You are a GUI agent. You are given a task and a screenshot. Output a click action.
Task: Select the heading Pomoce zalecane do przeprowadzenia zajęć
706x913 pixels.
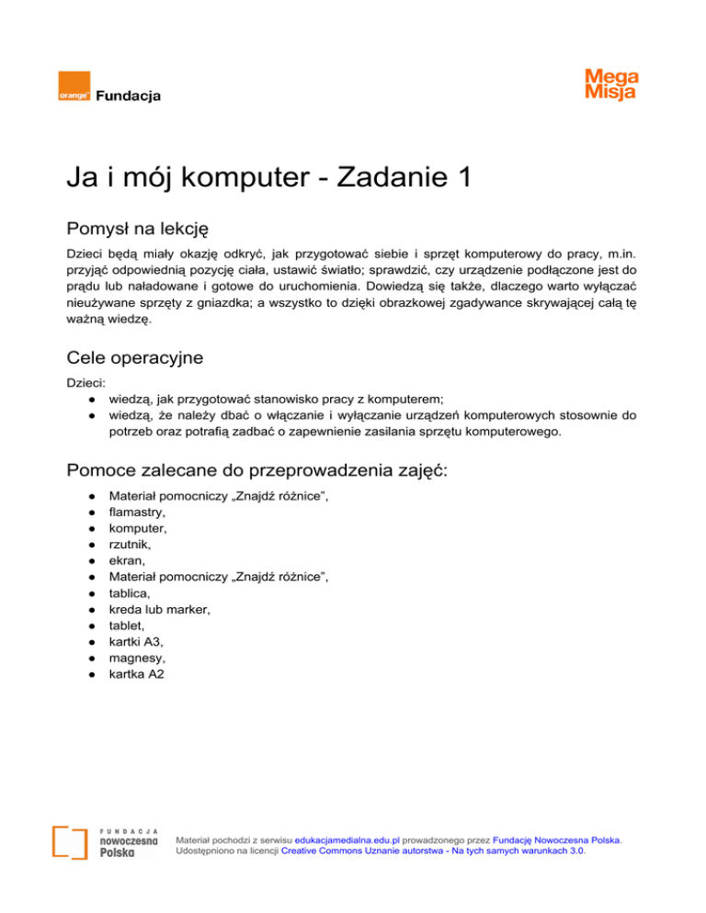click(270, 470)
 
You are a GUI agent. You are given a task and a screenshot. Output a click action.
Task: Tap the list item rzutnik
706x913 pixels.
click(131, 545)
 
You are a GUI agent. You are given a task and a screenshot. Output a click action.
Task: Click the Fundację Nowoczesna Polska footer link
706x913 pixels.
click(556, 839)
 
